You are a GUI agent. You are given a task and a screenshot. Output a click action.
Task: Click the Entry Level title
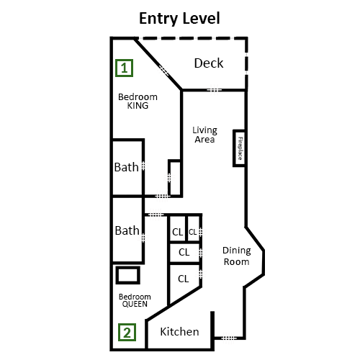click(x=179, y=19)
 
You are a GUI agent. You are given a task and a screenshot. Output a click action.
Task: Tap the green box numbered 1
click(x=124, y=68)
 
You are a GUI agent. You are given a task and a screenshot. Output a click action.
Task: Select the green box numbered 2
click(x=127, y=333)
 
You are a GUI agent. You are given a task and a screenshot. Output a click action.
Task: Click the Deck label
click(x=209, y=63)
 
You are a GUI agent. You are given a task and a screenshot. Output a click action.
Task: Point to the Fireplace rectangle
click(x=239, y=148)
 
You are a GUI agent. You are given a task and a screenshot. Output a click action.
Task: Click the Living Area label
click(x=204, y=135)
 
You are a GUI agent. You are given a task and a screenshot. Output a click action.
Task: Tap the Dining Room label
click(x=237, y=256)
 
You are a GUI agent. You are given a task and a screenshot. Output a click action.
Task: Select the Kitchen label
click(x=179, y=332)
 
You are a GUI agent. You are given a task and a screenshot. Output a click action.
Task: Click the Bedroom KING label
click(x=138, y=101)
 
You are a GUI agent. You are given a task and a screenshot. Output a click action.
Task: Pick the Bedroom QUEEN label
click(x=135, y=300)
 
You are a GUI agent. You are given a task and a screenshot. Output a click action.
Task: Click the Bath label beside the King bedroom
click(x=127, y=167)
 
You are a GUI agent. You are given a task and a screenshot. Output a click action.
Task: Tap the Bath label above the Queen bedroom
click(x=127, y=230)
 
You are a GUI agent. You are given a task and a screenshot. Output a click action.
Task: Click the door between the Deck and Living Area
click(x=214, y=90)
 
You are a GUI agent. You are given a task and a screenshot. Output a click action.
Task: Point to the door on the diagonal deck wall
click(x=164, y=71)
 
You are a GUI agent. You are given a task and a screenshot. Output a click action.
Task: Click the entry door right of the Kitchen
click(x=228, y=338)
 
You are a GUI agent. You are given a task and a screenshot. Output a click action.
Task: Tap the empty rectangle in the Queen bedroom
click(x=127, y=275)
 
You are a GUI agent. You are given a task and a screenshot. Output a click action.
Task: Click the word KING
click(x=138, y=106)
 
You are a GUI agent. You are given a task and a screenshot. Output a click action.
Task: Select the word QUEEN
click(x=135, y=304)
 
